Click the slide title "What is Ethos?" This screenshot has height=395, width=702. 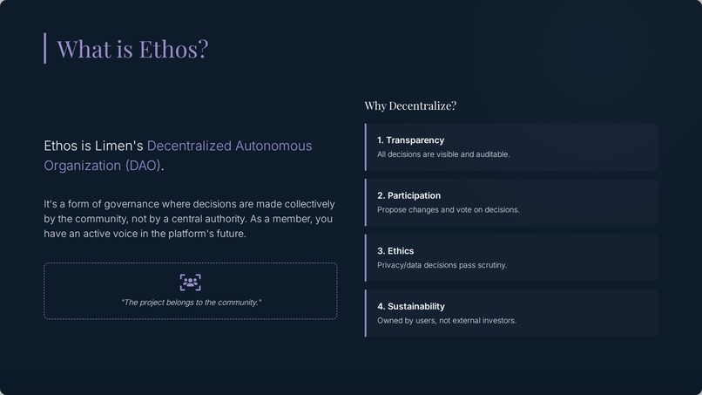[x=132, y=49]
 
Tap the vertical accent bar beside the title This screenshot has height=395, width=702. [x=44, y=49]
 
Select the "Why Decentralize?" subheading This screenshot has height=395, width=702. [x=410, y=106]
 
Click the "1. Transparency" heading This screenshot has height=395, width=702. [x=410, y=140]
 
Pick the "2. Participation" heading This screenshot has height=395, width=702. [x=408, y=195]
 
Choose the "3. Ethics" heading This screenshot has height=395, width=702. [x=395, y=251]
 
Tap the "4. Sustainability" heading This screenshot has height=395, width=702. [x=410, y=306]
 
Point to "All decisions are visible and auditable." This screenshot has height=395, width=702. [x=443, y=154]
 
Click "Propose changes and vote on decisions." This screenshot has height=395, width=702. [x=448, y=210]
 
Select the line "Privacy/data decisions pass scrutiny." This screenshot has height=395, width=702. [x=442, y=265]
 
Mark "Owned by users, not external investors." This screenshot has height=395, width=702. [x=446, y=321]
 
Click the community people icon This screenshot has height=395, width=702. [x=190, y=282]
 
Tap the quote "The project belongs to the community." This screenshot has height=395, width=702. [x=190, y=303]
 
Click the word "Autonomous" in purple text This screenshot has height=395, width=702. [x=273, y=146]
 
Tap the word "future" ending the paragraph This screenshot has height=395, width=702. [x=226, y=234]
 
